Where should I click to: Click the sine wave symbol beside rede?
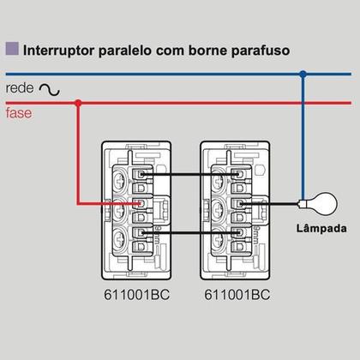tap(51, 88)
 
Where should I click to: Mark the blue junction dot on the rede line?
tap(303, 75)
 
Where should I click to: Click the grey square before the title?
tap(12, 49)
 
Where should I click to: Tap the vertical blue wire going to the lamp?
tap(303, 137)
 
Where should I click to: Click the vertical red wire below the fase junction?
tap(78, 154)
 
